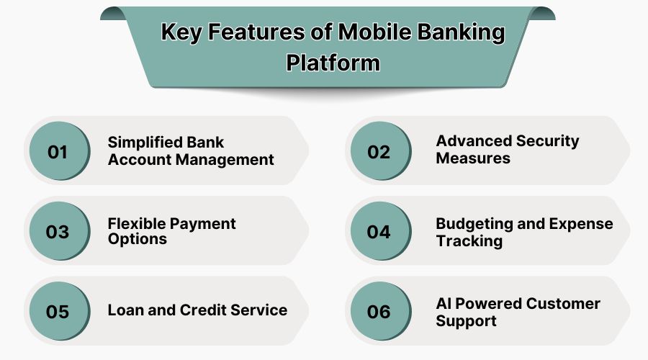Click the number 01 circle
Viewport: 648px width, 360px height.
58,151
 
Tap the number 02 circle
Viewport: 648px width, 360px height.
379,151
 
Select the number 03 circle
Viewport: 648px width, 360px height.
58,231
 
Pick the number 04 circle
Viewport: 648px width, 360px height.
379,231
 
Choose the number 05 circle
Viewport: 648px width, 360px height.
58,311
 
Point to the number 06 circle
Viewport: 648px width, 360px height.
379,311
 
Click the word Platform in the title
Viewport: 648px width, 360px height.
333,62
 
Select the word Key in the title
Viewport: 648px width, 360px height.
180,33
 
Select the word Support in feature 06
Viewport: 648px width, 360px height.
466,320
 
